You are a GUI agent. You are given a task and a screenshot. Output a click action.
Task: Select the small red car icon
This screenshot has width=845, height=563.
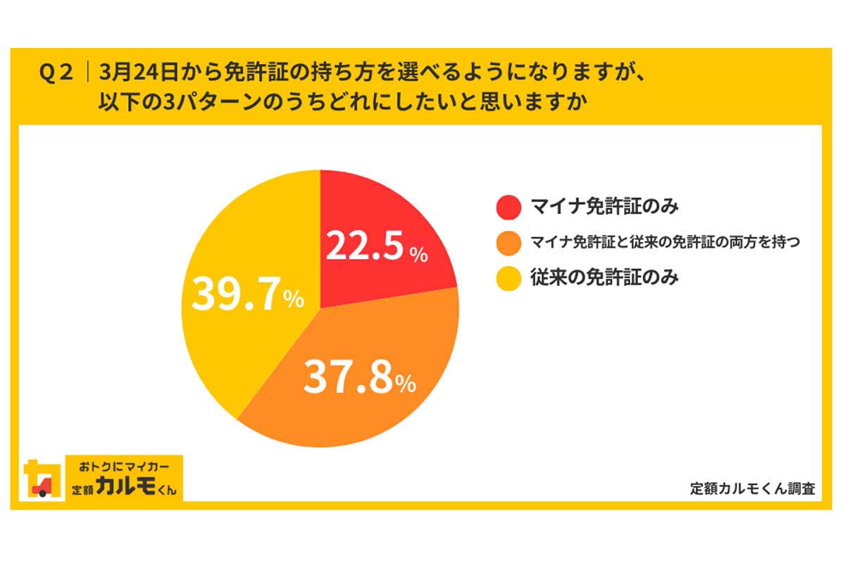pos(43,486)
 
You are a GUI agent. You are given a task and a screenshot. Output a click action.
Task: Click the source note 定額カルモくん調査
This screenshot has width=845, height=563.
pos(753,489)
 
